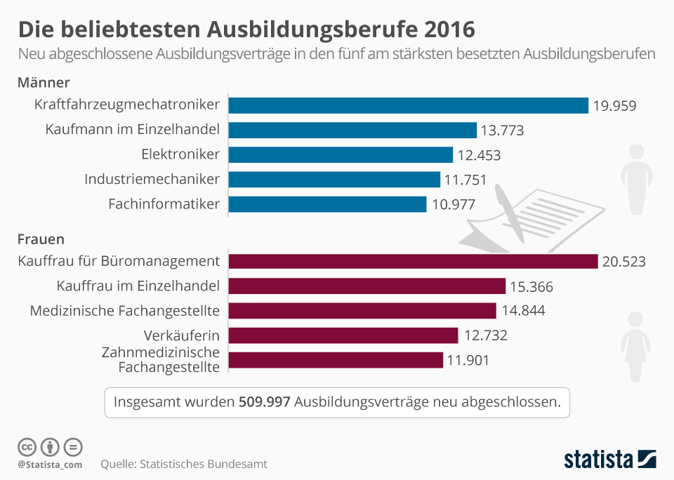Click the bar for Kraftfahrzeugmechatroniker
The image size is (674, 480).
click(x=408, y=105)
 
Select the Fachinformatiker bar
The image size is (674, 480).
click(x=327, y=204)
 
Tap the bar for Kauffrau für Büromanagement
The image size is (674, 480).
click(x=413, y=261)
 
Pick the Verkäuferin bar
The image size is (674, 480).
click(x=343, y=335)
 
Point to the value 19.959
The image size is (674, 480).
click(x=614, y=106)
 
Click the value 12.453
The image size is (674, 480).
click(x=479, y=155)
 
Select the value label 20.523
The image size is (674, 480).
click(x=623, y=262)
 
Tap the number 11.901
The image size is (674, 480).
click(x=467, y=361)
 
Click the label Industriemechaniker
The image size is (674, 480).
click(x=152, y=179)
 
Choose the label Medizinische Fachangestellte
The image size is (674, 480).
click(x=125, y=310)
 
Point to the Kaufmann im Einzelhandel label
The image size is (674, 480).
click(x=133, y=129)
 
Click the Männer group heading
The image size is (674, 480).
click(x=44, y=83)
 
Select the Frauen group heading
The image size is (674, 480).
click(x=41, y=239)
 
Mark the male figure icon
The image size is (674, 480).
click(x=637, y=180)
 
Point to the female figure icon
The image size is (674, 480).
click(x=635, y=347)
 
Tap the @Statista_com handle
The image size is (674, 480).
click(x=50, y=465)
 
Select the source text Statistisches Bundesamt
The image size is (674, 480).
click(x=204, y=464)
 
